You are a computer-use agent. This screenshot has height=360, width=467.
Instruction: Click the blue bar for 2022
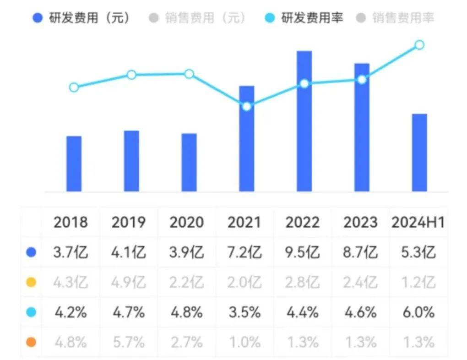[304, 121]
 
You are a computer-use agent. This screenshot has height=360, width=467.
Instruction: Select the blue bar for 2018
[74, 164]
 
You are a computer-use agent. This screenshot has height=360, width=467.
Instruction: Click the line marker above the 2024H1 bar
[419, 45]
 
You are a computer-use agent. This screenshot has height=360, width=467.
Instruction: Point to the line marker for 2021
[246, 106]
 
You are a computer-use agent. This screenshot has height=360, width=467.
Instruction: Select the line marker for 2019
[131, 75]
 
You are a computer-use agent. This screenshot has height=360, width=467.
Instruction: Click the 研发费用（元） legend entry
[82, 18]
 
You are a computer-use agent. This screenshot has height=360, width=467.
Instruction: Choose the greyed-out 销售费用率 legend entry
[396, 18]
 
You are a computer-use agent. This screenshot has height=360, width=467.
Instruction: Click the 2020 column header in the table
[186, 222]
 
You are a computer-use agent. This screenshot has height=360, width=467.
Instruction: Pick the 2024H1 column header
[418, 222]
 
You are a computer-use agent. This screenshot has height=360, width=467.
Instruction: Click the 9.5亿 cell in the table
[302, 252]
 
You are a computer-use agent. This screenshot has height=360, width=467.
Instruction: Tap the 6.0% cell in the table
[418, 312]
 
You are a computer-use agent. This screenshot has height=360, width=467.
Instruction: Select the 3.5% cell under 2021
[244, 312]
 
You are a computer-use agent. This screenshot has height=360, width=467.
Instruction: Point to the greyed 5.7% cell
[129, 342]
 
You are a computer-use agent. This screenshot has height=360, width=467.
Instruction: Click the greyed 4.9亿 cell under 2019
[129, 283]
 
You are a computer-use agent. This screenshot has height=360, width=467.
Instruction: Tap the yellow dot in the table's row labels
[31, 283]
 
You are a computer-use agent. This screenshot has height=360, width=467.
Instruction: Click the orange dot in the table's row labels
[31, 342]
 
